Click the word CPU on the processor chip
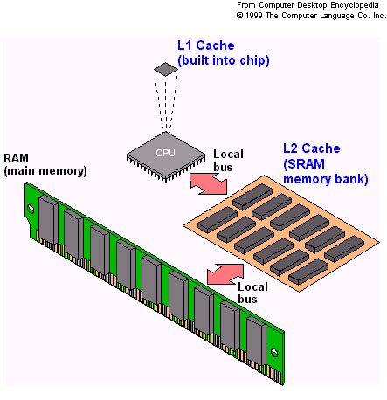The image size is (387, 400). (163, 152)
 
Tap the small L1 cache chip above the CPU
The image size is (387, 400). (163, 68)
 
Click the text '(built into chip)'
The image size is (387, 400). (222, 59)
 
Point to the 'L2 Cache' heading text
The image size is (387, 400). (311, 149)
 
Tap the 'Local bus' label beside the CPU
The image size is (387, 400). (228, 161)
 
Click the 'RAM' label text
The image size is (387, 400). (17, 158)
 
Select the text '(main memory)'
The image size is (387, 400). (45, 171)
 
